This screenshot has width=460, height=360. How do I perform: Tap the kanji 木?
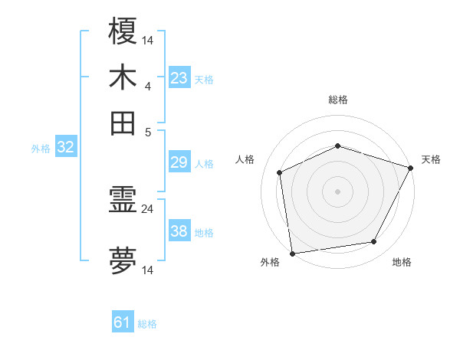coord(123,77)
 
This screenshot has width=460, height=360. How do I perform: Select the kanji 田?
coord(123,123)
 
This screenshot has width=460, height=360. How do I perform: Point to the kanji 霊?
coord(123,201)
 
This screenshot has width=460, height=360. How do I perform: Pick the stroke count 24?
coord(148,208)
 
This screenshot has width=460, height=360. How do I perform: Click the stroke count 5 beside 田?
coord(148,131)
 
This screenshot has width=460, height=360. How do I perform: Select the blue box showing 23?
coord(179,78)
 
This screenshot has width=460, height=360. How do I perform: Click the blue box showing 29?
coord(179,162)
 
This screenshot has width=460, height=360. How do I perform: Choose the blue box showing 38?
coord(179,231)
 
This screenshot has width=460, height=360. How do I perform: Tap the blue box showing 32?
coord(65,147)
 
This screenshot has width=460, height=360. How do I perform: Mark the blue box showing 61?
coord(123,322)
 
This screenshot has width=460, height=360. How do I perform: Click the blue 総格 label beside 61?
coord(148,324)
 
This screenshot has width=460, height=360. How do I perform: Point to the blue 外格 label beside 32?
coord(41,149)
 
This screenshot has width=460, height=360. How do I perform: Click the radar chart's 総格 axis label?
coord(338,100)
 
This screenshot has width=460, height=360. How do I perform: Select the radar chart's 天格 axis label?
coord(432,159)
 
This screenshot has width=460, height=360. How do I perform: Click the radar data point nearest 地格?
coord(374,242)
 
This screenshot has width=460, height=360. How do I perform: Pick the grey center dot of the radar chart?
coord(338,191)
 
